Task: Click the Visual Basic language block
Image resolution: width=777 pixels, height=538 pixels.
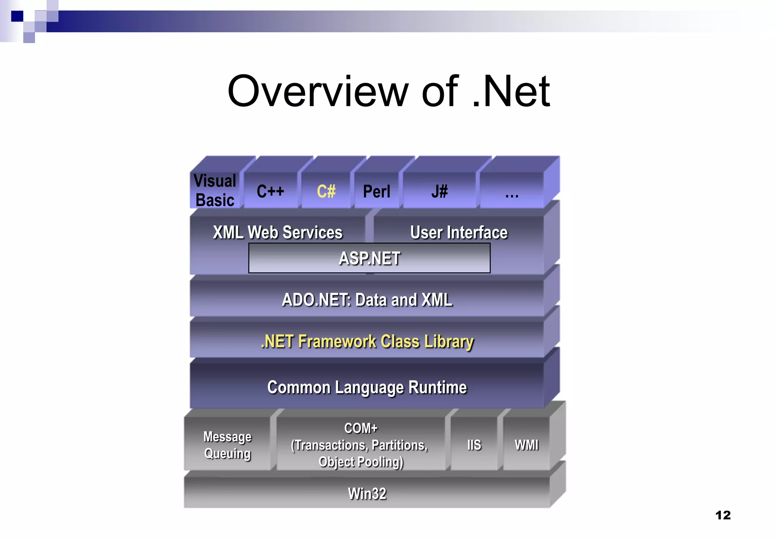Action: tap(215, 190)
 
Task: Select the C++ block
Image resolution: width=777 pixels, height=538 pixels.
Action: tap(270, 191)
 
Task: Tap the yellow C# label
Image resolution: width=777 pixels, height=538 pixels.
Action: tap(326, 191)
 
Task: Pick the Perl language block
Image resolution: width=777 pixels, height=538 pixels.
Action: tap(376, 191)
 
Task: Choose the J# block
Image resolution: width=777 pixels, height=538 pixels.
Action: tap(439, 191)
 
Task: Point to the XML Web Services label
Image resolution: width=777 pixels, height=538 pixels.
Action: tap(277, 232)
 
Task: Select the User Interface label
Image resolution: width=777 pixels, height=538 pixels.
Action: tap(459, 232)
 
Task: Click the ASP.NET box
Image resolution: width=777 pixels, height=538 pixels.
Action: tap(369, 258)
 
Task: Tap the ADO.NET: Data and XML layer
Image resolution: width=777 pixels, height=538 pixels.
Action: tap(367, 299)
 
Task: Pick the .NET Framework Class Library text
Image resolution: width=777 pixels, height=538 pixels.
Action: tap(367, 341)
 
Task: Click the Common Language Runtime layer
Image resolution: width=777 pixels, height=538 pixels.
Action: tap(367, 387)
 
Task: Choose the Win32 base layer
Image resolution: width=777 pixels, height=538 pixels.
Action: tap(367, 493)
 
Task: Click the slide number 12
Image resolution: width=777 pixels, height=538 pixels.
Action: tap(723, 515)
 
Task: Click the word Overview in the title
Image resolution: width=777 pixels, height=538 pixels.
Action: tap(317, 91)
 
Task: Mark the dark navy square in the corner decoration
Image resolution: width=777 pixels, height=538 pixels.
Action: tap(17, 16)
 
